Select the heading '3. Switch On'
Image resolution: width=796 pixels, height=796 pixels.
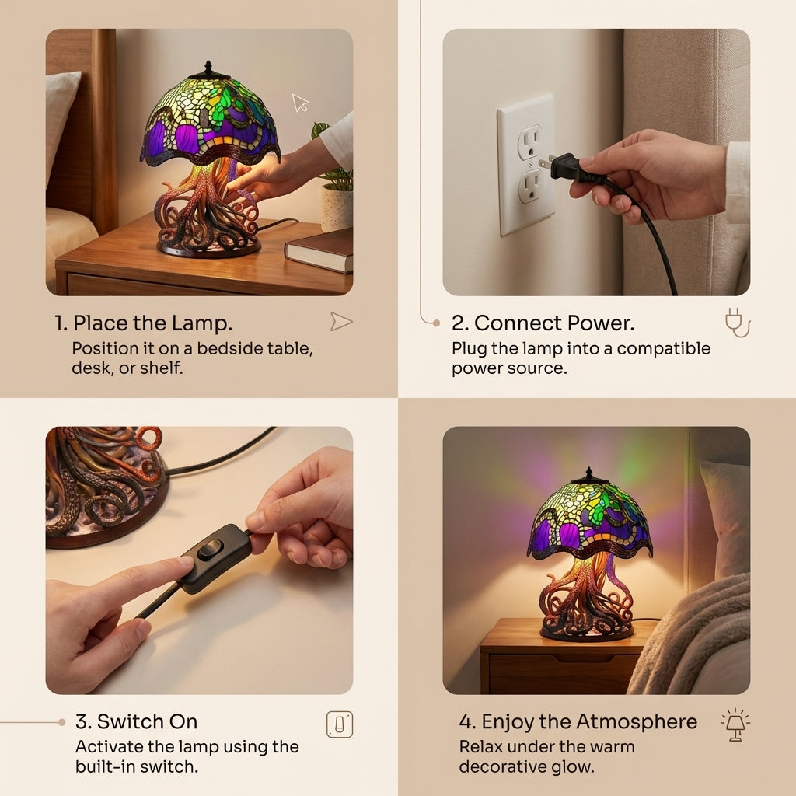[x=137, y=721]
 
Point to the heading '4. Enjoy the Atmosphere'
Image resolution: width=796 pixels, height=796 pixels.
[x=578, y=721]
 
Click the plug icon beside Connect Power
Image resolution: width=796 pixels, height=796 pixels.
[x=736, y=323]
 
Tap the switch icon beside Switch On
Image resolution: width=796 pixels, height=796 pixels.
[x=340, y=724]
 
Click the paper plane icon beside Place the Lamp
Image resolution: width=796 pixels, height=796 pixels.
[x=341, y=322]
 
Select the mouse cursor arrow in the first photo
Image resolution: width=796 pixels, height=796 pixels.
[x=300, y=102]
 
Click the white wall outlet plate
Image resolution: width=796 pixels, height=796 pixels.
[x=526, y=164]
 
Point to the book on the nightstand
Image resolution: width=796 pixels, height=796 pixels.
[x=319, y=250]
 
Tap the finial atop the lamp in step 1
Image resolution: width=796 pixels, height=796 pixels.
[x=208, y=69]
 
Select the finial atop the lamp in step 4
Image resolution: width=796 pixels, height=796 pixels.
[x=588, y=473]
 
